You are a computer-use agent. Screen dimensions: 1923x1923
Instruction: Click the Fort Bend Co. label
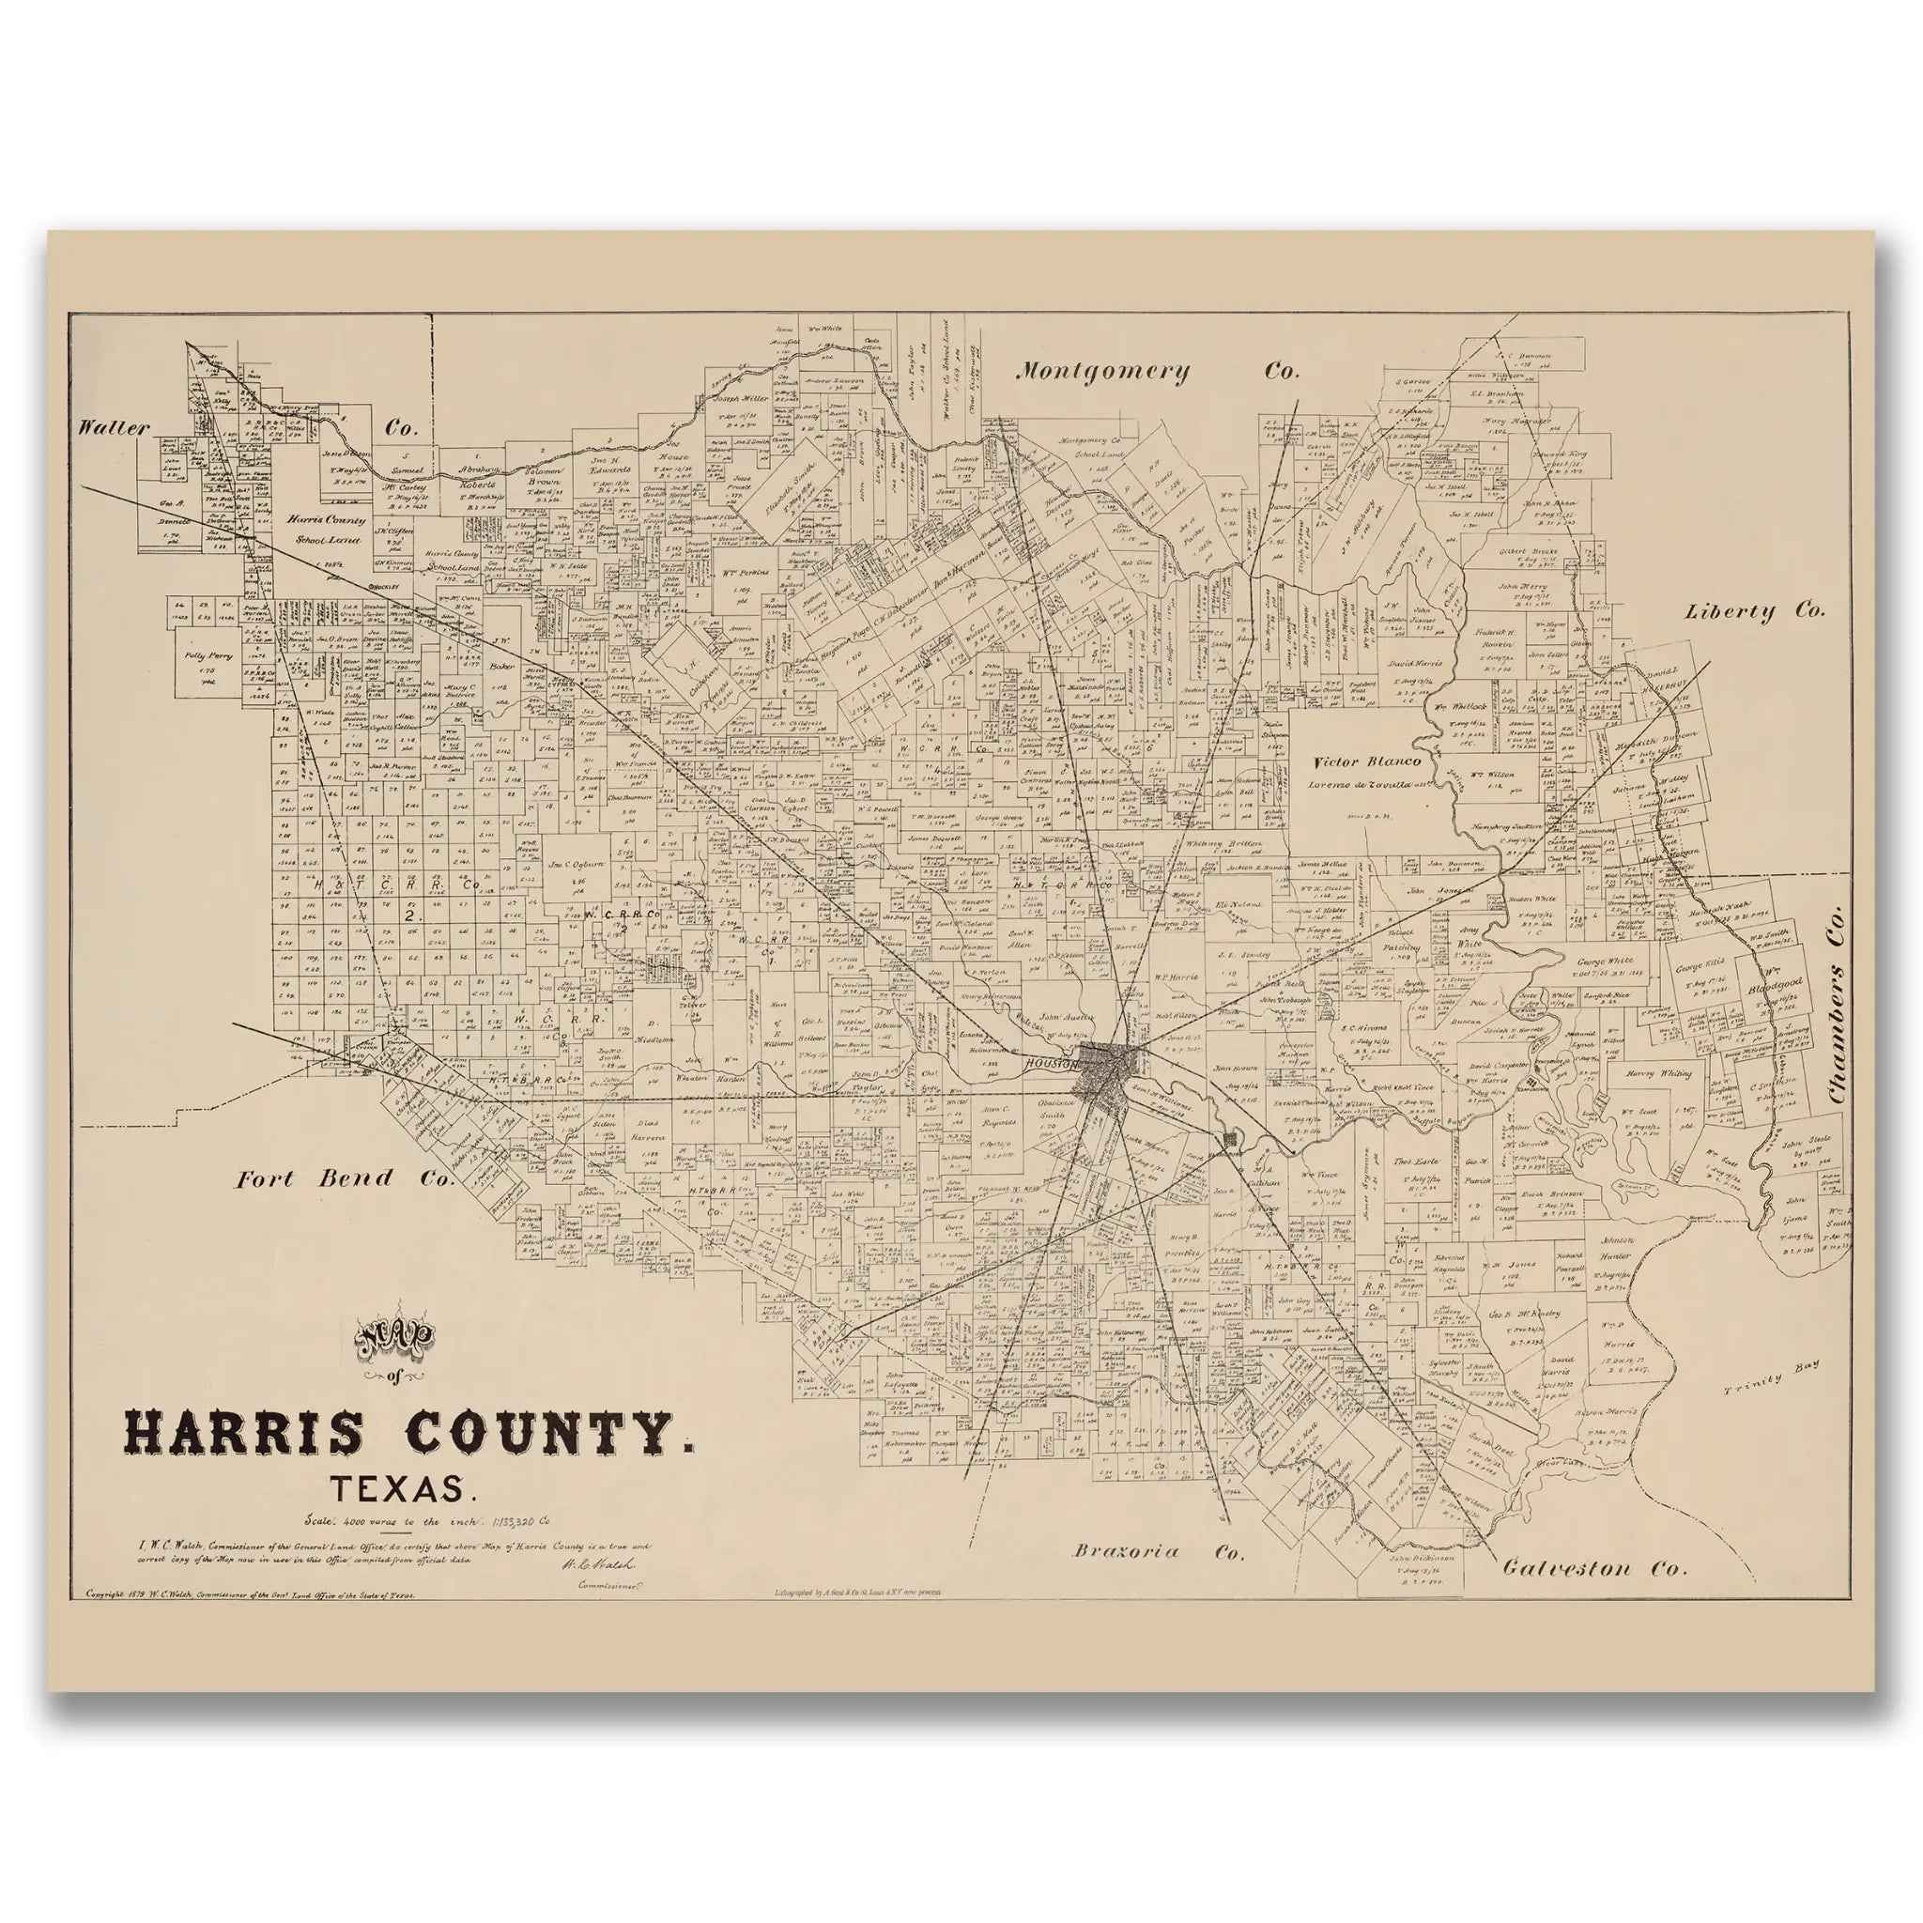[x=345, y=1179]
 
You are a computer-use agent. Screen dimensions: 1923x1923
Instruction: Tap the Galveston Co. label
[x=1594, y=1569]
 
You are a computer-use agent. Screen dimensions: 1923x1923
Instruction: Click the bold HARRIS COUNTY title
[x=409, y=1437]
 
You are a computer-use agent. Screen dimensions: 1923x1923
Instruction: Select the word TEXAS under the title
[x=399, y=1490]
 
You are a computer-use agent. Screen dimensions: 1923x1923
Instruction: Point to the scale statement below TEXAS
[x=428, y=1520]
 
